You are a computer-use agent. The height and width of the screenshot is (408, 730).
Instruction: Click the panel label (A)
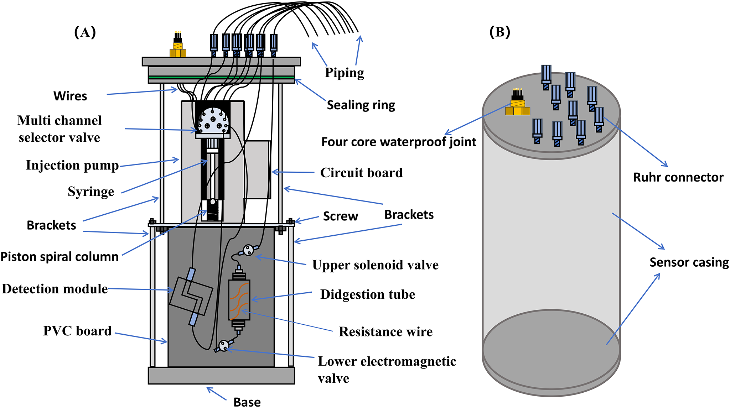click(x=85, y=32)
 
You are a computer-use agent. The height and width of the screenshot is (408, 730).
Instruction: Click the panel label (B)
click(x=499, y=32)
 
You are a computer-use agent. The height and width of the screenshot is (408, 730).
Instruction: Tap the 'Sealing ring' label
click(x=361, y=105)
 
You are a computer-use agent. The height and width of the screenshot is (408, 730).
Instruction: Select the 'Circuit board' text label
click(x=361, y=173)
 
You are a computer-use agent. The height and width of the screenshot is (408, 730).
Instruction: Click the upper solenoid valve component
click(x=248, y=250)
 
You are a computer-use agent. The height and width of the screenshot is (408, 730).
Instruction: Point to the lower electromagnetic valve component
click(x=224, y=345)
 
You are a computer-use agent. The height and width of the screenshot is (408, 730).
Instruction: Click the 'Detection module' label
click(x=55, y=289)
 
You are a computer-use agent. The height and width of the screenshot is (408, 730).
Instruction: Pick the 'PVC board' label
click(x=77, y=331)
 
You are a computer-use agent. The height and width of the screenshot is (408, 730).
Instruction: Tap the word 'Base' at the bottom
click(x=247, y=402)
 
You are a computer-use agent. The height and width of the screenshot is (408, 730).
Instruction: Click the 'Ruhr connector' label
click(x=678, y=177)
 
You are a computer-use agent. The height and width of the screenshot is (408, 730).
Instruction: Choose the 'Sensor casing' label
click(x=689, y=262)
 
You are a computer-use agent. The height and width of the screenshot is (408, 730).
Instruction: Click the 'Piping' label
click(x=344, y=73)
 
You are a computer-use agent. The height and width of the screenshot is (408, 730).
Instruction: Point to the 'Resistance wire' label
click(x=385, y=331)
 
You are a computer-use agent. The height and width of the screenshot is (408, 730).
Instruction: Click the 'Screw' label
click(x=340, y=216)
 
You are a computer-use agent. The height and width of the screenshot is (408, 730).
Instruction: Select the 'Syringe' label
click(x=91, y=192)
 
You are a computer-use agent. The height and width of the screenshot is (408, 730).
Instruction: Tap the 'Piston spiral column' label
click(x=59, y=257)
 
